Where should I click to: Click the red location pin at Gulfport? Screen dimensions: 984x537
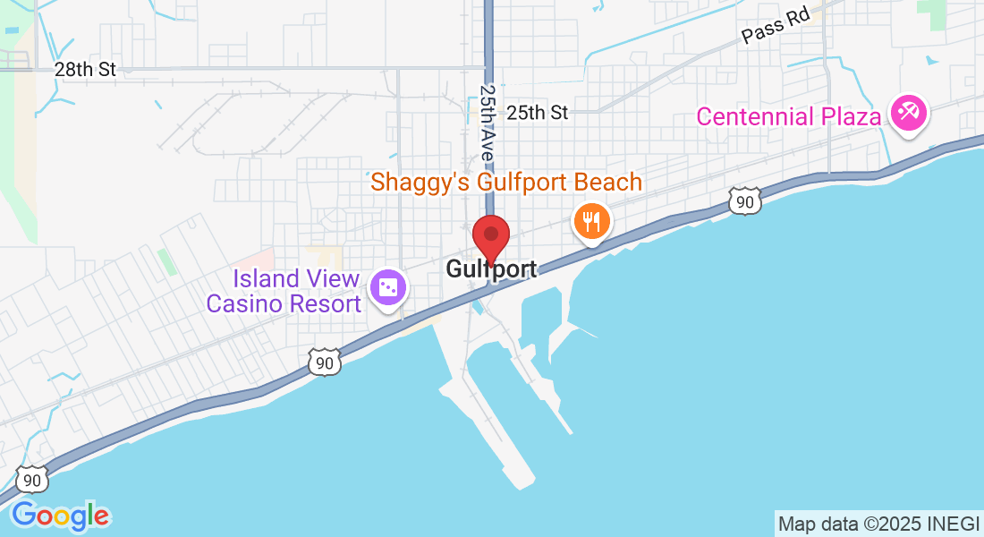[491, 236]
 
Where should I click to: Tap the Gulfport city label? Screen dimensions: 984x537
[491, 269]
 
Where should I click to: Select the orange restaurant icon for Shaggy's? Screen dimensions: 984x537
[591, 219]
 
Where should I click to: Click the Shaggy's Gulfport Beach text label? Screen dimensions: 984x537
[506, 183]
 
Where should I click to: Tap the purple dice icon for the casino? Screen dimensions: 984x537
[390, 288]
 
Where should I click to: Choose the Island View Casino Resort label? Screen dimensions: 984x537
[284, 291]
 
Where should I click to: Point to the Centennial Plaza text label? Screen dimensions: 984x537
[781, 116]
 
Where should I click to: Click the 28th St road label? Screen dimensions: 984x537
[85, 69]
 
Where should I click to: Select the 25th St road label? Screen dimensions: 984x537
[538, 113]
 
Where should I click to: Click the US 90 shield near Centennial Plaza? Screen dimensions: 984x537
[744, 202]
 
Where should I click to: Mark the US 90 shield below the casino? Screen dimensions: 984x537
[325, 361]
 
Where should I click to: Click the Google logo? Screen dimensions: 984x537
[61, 516]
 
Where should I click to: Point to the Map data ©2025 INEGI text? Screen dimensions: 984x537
[878, 524]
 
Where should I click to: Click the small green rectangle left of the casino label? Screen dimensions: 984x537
[167, 262]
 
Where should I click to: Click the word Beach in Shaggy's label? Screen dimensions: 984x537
[607, 183]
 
